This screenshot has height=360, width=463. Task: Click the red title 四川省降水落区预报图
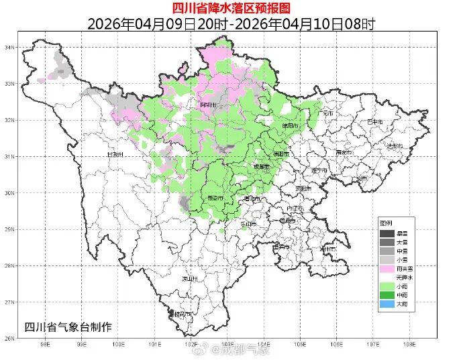(x=232, y=8)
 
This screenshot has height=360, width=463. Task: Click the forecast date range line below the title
(x=232, y=24)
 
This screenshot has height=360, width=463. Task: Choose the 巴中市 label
(x=374, y=122)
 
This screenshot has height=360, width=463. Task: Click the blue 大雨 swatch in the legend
(x=387, y=304)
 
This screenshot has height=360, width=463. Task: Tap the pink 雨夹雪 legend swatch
(x=387, y=268)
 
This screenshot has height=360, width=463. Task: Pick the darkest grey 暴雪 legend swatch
(x=387, y=233)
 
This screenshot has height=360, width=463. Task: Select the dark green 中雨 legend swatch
(x=387, y=295)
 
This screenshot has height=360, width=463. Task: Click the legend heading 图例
(x=386, y=223)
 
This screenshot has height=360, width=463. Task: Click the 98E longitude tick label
(x=46, y=345)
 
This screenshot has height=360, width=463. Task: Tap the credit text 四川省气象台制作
(x=67, y=326)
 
